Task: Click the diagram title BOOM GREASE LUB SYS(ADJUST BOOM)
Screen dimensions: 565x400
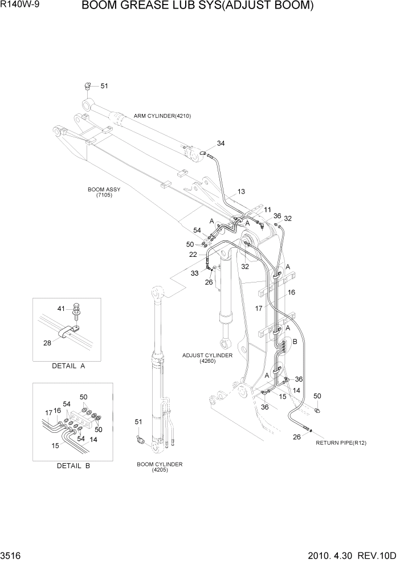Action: tap(197, 7)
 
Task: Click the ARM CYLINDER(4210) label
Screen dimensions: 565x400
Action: tap(162, 116)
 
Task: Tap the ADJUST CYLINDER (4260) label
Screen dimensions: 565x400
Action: tap(207, 358)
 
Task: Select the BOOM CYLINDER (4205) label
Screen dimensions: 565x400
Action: tap(160, 467)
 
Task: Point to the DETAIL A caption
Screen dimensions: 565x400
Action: tap(68, 366)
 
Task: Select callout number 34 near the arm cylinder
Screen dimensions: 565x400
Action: tap(221, 144)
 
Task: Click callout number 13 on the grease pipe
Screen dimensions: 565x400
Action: tap(241, 191)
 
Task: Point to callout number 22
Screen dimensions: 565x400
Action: tap(193, 255)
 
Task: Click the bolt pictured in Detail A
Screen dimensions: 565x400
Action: tap(75, 312)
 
